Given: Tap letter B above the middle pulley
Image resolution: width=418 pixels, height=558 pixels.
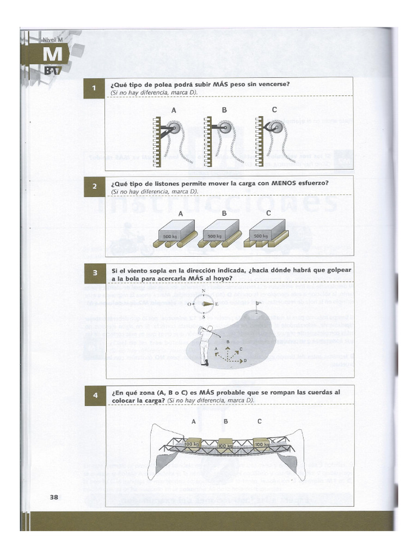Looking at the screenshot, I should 224,110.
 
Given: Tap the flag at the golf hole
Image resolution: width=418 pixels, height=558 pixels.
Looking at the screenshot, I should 258,303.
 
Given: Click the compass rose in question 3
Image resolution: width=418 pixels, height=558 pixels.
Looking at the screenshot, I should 203,304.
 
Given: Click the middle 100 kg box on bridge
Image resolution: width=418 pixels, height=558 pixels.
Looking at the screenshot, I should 225,443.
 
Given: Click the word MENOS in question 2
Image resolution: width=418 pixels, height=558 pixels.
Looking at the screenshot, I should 281,183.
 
